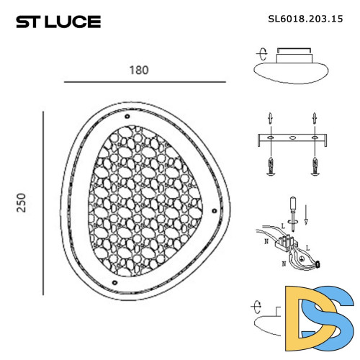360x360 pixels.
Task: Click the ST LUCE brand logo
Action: pos(58,22)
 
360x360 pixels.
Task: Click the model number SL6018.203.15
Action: pos(303,21)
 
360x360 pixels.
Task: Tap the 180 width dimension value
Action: pos(139,70)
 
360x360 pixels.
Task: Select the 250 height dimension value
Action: pos(22,202)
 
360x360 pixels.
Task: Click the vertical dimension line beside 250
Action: pos(44,202)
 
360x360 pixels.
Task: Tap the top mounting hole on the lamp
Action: pos(127,116)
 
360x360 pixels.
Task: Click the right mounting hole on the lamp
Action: pos(213,211)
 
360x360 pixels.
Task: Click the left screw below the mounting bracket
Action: pos(269,166)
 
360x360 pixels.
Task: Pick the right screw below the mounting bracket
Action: pos(315,166)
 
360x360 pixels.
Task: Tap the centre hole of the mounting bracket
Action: pos(292,137)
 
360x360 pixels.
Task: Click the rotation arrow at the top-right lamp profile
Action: pos(262,53)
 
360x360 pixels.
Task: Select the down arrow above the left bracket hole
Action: pos(269,118)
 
